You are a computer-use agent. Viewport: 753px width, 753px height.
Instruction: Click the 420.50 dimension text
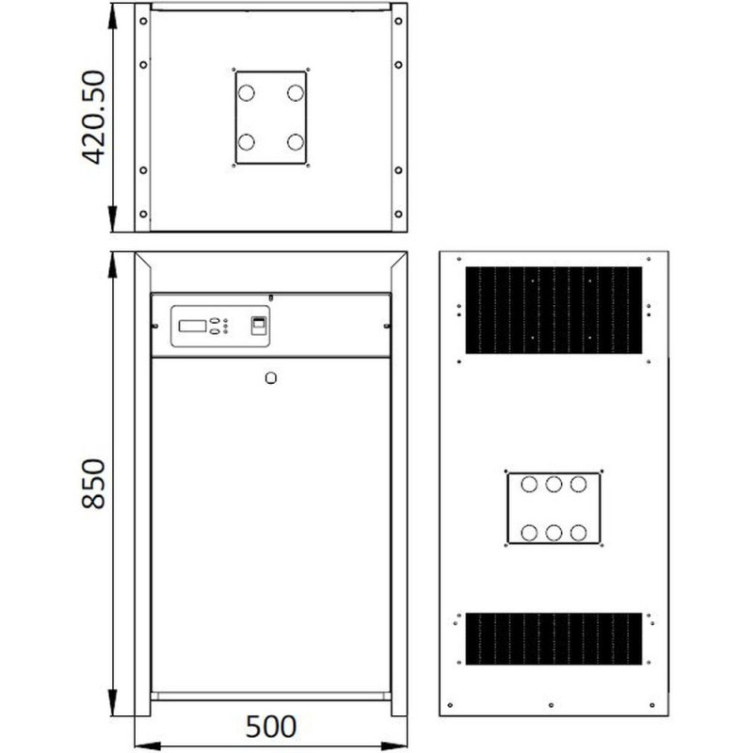click(94, 118)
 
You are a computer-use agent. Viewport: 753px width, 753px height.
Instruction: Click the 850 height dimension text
click(93, 484)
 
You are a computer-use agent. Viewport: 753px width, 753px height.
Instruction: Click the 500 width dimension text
click(271, 727)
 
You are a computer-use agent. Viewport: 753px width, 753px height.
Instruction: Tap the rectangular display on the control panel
click(192, 326)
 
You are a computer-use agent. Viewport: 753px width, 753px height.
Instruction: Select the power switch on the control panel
click(258, 326)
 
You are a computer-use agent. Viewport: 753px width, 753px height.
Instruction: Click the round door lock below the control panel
click(271, 378)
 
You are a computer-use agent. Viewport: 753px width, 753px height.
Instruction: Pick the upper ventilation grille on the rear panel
click(553, 311)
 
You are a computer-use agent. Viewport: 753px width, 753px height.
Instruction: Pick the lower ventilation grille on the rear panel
click(553, 639)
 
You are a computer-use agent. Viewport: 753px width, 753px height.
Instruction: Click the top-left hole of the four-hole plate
click(247, 92)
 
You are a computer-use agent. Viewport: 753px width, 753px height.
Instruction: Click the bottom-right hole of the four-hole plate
click(296, 142)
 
